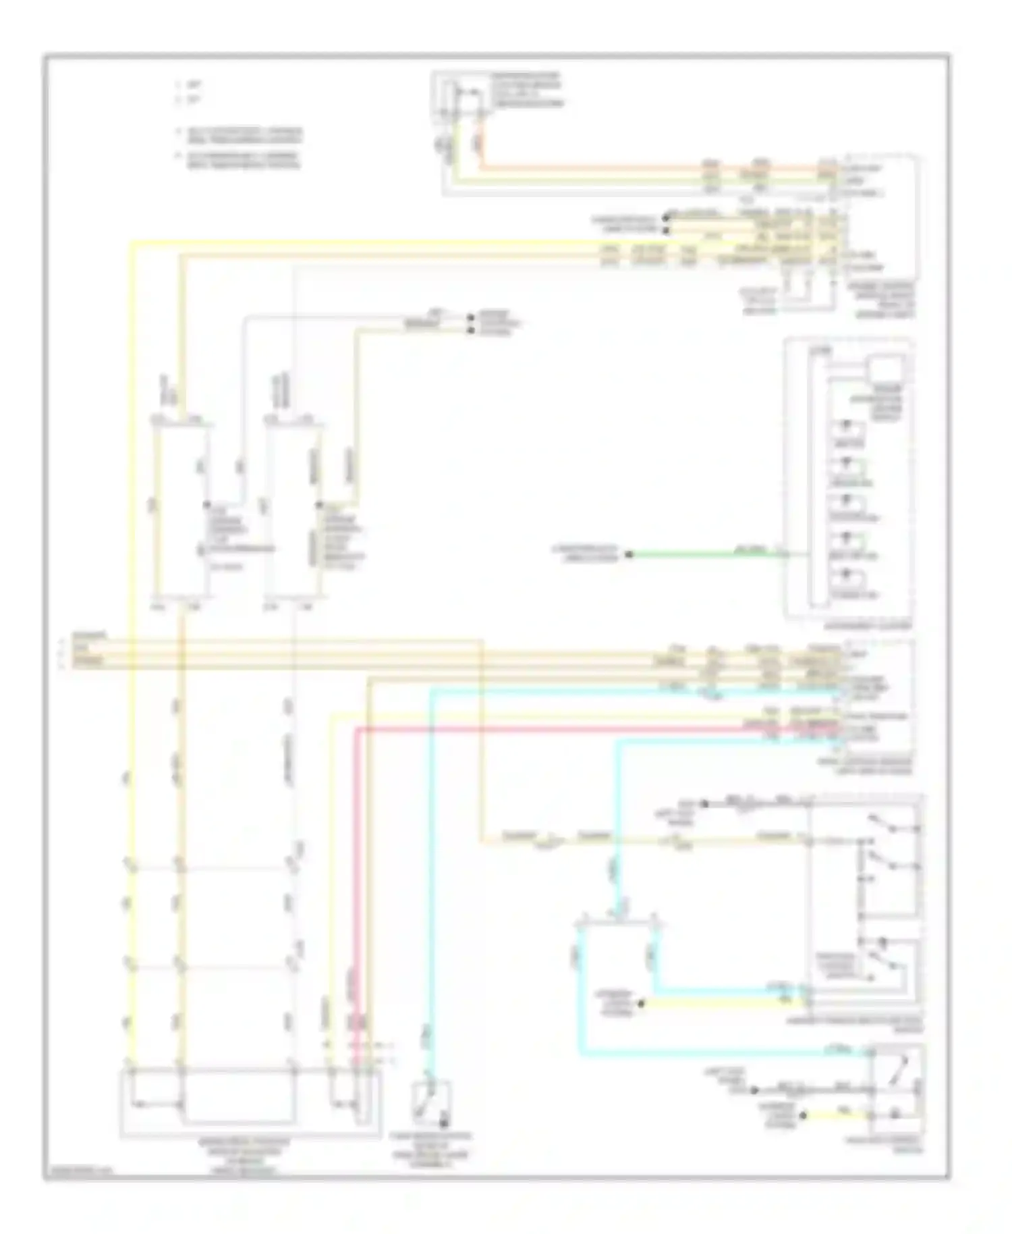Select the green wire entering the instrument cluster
(702, 555)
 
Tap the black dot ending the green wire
(628, 555)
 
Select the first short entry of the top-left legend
(192, 86)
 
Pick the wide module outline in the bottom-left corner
(250, 1104)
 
